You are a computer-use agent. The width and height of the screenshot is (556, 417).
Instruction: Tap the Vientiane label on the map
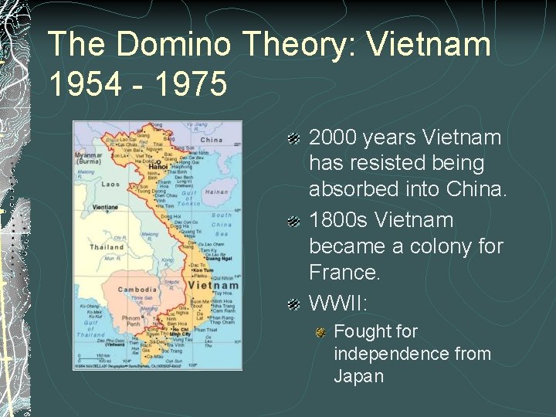coord(104,208)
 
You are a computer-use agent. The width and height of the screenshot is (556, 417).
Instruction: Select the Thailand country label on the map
coord(106,248)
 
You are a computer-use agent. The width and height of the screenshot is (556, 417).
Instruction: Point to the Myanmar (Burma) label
coord(89,158)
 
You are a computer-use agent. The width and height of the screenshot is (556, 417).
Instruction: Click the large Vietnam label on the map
coord(202,285)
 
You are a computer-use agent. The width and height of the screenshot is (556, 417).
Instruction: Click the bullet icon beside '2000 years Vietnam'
coord(294,139)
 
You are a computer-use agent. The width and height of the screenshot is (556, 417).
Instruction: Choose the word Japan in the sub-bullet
coord(358,376)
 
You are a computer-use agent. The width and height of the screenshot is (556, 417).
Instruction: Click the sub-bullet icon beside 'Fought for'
coord(320,333)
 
